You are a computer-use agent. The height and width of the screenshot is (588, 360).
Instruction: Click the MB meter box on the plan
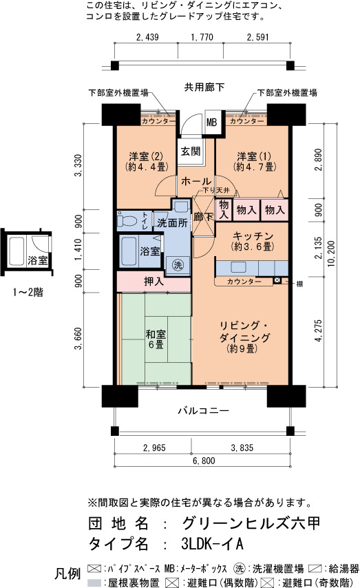coord(211,123)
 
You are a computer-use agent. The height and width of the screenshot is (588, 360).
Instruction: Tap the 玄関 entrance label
coord(191,151)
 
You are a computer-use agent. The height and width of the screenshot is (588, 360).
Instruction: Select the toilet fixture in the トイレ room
coord(127,220)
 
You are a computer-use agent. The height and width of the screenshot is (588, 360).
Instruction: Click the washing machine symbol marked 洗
coord(178,265)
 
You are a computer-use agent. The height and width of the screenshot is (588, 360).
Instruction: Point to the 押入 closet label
coord(153,281)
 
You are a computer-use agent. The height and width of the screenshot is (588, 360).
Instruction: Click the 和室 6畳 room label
coord(156,339)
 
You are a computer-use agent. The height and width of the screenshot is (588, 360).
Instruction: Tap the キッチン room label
coord(253,241)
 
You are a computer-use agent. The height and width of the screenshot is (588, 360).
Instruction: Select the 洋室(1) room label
coord(255,161)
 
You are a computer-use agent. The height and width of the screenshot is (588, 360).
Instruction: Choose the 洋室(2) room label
coord(146,161)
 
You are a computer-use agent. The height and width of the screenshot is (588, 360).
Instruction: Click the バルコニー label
coord(203,410)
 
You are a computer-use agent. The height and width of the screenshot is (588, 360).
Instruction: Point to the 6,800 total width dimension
coord(204,461)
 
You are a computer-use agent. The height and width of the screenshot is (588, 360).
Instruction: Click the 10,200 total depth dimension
coord(331,253)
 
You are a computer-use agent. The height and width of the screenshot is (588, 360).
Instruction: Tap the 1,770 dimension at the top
coord(202,37)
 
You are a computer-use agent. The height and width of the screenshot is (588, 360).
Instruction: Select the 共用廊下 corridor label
coord(204,87)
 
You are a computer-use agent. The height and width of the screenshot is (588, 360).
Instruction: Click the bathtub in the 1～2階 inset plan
coord(17,251)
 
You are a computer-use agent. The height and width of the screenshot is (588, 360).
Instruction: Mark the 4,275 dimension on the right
coord(319,330)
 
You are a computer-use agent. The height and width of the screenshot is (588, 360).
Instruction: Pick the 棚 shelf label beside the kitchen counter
coord(299,284)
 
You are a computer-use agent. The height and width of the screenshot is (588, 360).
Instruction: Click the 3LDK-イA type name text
coord(212,543)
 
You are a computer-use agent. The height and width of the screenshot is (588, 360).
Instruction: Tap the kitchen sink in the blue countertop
coord(238,267)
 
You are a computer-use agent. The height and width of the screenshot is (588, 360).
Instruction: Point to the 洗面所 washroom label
coord(172,223)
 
